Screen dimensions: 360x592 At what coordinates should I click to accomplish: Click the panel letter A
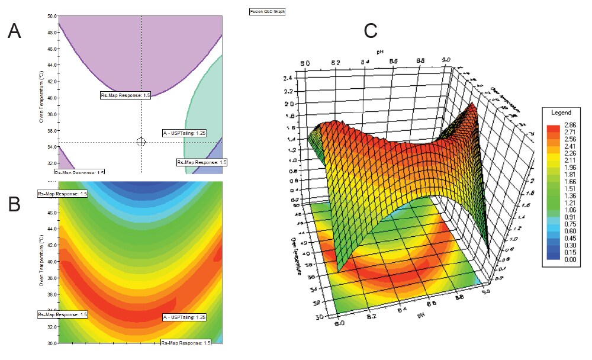[14, 31]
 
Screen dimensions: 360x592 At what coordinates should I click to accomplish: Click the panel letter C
[370, 30]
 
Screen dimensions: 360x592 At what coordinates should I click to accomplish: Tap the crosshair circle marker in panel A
[141, 142]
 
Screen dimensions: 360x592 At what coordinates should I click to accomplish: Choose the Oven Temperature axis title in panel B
[41, 262]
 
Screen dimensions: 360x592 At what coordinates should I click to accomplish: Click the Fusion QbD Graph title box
[268, 11]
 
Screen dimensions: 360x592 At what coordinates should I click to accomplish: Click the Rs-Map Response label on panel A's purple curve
[125, 95]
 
